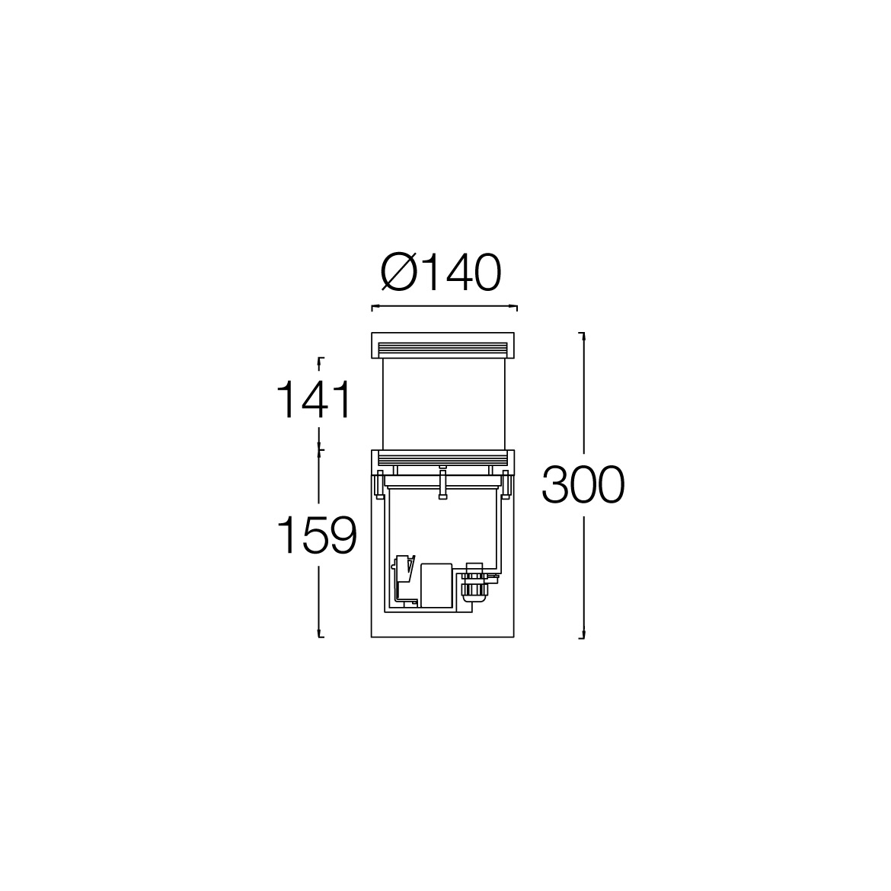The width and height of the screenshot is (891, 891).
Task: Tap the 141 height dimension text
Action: click(314, 400)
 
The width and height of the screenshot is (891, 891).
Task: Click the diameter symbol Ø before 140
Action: click(400, 272)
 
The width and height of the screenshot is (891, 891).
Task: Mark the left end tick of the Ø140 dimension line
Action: click(372, 308)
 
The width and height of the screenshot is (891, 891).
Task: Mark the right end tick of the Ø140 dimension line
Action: click(516, 308)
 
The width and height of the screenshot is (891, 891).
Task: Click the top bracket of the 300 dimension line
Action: click(582, 334)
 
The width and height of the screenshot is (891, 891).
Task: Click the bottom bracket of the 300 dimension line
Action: click(582, 637)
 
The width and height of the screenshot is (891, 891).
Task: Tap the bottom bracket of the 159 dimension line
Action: click(320, 636)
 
